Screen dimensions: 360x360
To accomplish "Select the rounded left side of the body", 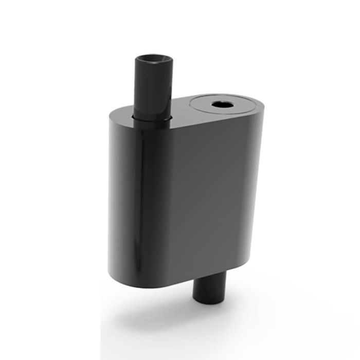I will (x=123, y=195).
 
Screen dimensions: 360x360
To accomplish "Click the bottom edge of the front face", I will (x=216, y=275).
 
